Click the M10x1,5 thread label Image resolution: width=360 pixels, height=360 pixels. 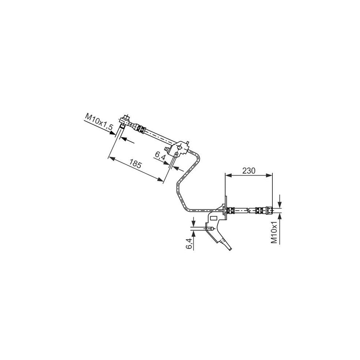[99, 122]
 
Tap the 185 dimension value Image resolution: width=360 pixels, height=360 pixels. [136, 164]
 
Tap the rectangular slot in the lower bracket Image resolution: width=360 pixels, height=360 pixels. [213, 218]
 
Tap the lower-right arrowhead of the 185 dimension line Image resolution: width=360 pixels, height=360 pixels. [161, 181]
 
